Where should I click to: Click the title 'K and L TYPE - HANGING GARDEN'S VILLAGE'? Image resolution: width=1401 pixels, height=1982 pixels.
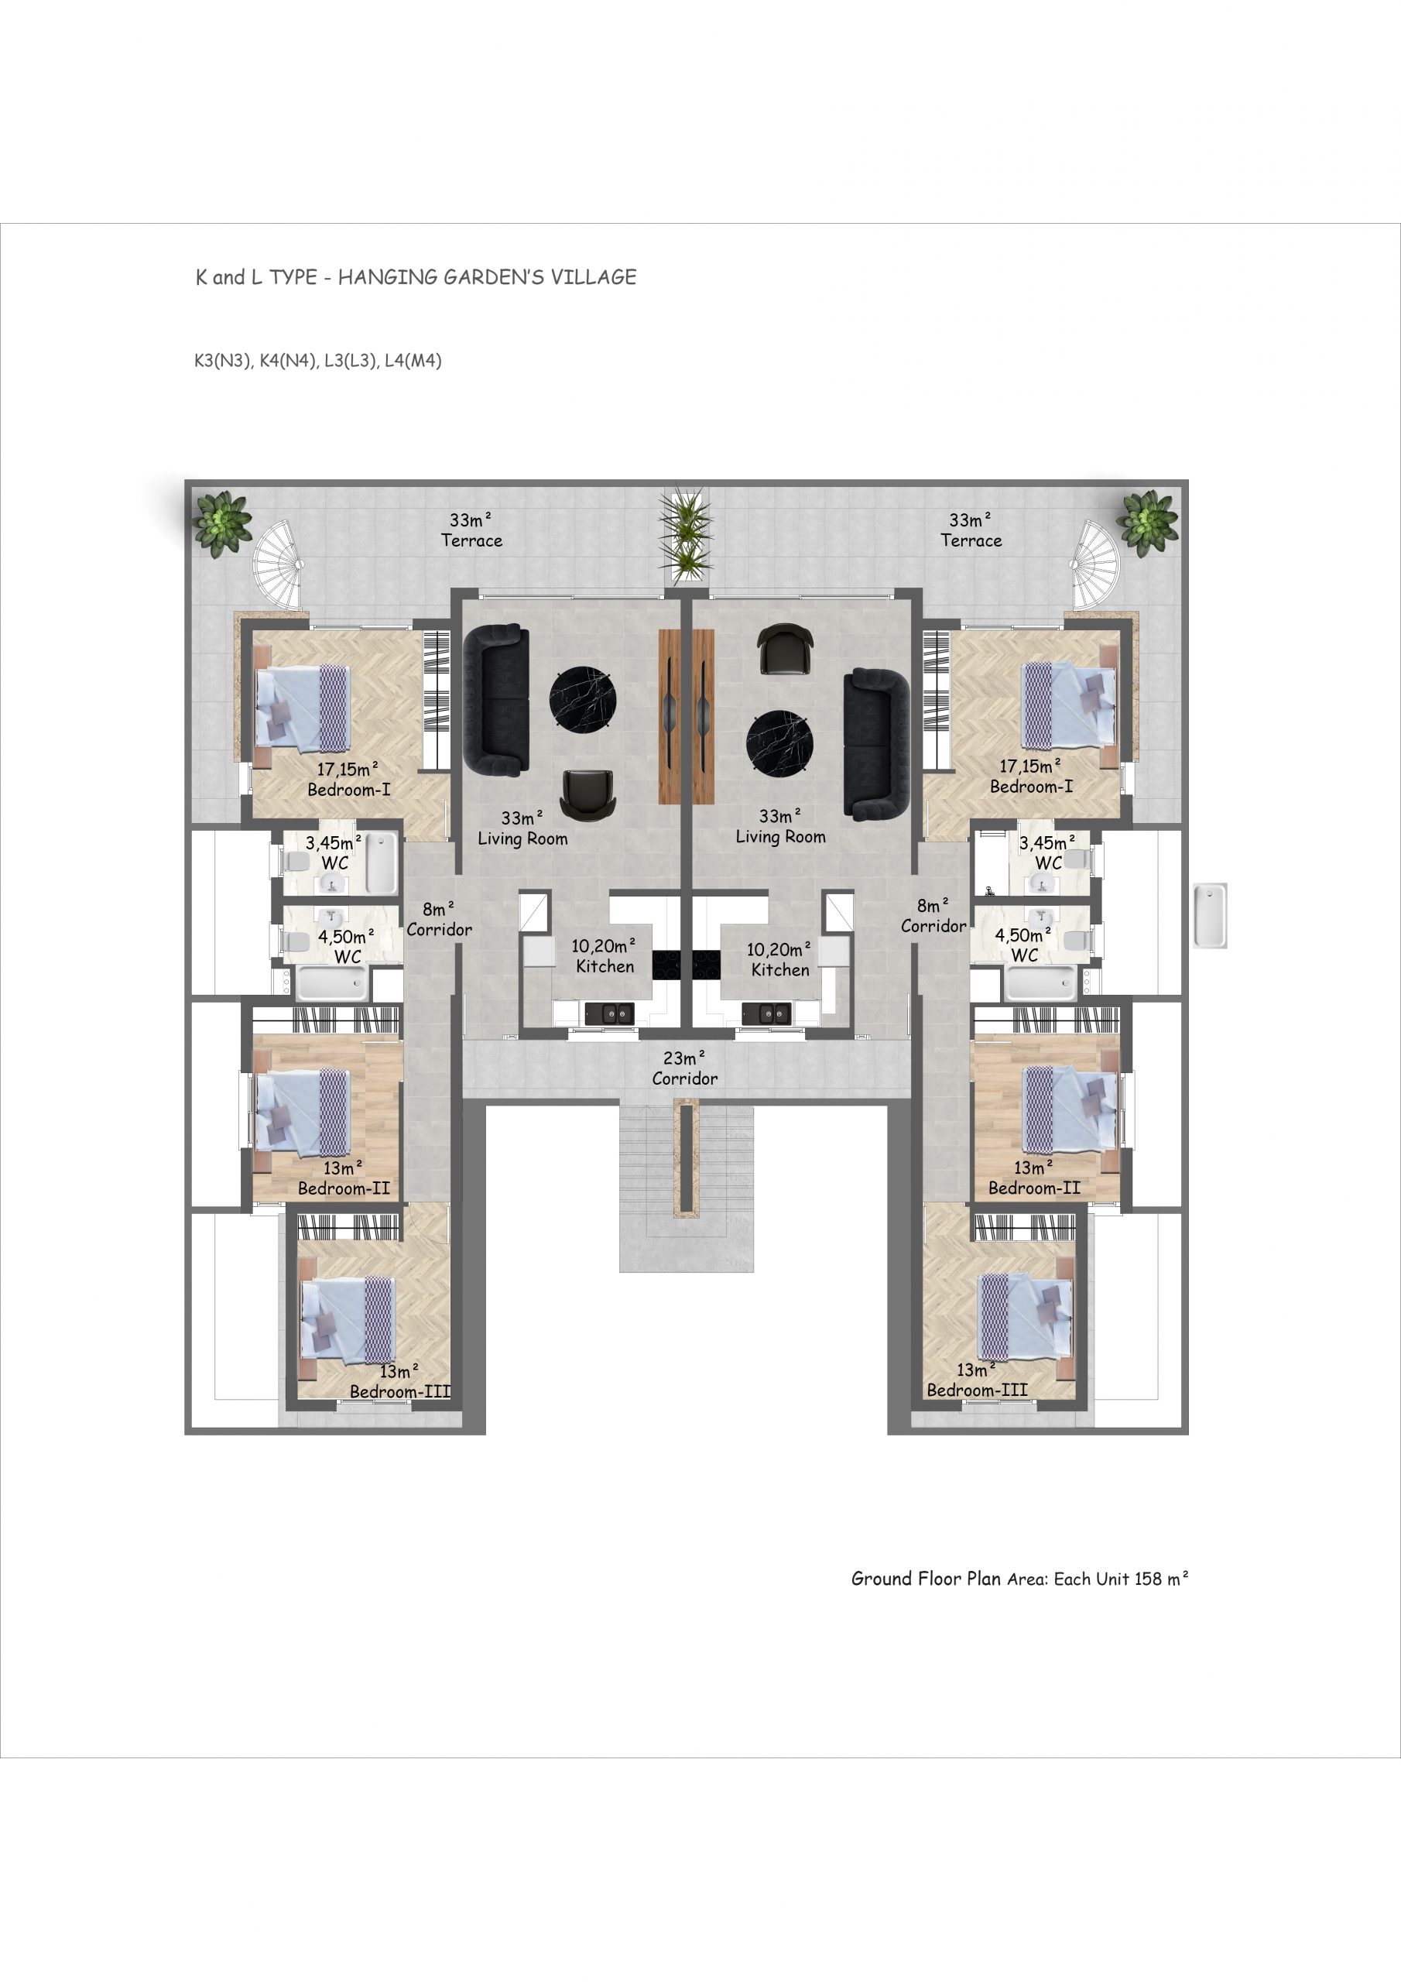pyautogui.click(x=416, y=277)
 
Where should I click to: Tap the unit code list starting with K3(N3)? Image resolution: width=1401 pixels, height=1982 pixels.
pyautogui.click(x=317, y=361)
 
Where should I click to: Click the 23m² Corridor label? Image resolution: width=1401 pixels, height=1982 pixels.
pyautogui.click(x=684, y=1068)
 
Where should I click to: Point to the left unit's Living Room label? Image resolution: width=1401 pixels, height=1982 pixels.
pyautogui.click(x=522, y=828)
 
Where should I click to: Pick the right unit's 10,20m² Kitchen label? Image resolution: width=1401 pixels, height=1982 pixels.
pyautogui.click(x=779, y=960)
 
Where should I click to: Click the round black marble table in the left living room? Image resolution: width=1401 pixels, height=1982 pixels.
pyautogui.click(x=584, y=699)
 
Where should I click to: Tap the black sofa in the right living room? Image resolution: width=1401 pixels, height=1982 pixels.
pyautogui.click(x=876, y=744)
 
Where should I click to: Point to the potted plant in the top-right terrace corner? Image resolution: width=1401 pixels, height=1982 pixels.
pyautogui.click(x=1147, y=521)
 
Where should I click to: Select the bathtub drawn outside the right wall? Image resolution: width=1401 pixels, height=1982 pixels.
pyautogui.click(x=1211, y=915)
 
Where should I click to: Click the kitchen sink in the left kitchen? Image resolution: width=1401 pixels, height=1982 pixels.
pyautogui.click(x=608, y=1013)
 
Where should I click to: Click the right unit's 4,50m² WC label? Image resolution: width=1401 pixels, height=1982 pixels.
pyautogui.click(x=1024, y=945)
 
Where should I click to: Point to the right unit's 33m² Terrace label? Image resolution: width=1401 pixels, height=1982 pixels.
pyautogui.click(x=971, y=530)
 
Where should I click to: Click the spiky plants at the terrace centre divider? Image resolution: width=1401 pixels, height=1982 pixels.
pyautogui.click(x=685, y=536)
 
